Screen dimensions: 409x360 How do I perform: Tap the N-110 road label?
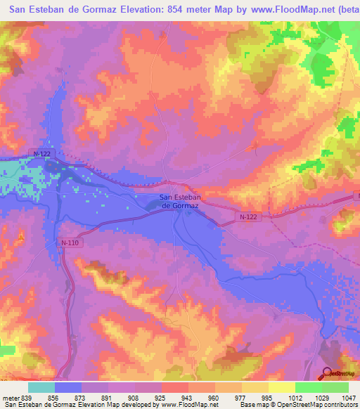[x=70, y=242]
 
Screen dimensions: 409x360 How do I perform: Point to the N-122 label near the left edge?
[x=42, y=152]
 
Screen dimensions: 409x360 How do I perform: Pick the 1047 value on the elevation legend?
[x=349, y=397]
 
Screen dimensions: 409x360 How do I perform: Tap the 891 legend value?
[x=107, y=397]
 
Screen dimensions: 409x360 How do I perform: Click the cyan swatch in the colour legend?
[x=41, y=387]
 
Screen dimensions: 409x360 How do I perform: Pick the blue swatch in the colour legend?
[x=68, y=387]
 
